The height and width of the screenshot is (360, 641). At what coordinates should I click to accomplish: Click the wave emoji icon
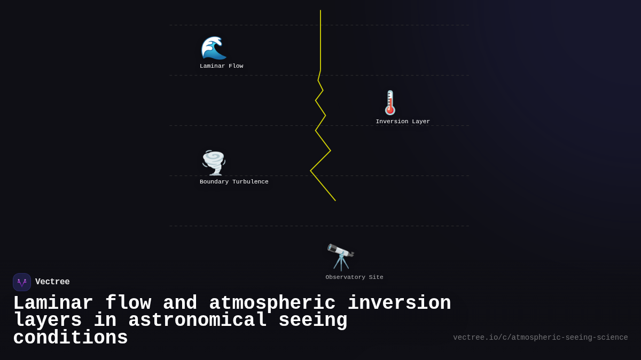[x=214, y=48]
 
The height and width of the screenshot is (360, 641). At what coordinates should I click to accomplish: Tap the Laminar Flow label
[x=221, y=66]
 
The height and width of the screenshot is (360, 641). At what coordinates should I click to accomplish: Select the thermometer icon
[x=390, y=102]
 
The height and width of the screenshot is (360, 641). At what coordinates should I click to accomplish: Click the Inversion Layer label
[x=403, y=122]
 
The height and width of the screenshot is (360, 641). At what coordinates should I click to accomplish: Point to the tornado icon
[x=214, y=163]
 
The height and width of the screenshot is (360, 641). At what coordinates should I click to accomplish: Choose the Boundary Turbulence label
[x=234, y=182]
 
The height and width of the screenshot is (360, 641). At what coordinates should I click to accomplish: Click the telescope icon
[x=341, y=257]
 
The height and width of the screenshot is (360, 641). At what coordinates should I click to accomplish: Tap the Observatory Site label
[x=354, y=277]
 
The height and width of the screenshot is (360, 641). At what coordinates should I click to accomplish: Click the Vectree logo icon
[x=22, y=282]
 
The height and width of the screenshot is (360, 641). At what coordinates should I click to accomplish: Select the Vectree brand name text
[x=52, y=282]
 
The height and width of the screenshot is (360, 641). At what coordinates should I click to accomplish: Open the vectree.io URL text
[x=540, y=338]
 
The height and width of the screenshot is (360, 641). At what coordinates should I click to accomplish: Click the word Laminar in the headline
[x=53, y=303]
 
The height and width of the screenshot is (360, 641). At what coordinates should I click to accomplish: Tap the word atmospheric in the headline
[x=272, y=303]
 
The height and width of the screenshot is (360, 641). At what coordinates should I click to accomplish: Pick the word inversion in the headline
[x=399, y=303]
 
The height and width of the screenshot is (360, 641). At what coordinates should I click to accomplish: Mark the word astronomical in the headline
[x=197, y=321]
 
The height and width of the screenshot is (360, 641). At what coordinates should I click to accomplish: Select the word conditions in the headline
[x=71, y=338]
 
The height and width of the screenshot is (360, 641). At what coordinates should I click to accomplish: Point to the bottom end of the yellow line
[x=335, y=201]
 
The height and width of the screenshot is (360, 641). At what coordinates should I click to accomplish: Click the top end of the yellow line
[x=320, y=11]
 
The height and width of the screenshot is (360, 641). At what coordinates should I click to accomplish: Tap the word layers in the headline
[x=48, y=321]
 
